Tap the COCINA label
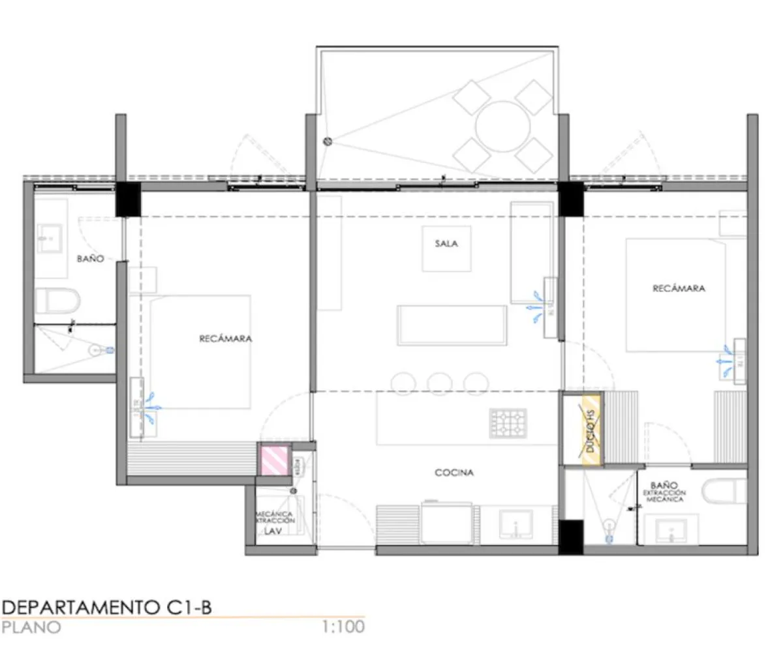(454, 473)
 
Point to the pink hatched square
(274, 459)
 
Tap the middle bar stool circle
(441, 382)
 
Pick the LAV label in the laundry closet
(272, 531)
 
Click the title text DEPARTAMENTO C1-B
(106, 608)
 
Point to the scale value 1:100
(343, 627)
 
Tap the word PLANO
(31, 627)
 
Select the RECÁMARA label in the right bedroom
(679, 288)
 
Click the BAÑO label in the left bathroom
(90, 259)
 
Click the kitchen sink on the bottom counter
(515, 524)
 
